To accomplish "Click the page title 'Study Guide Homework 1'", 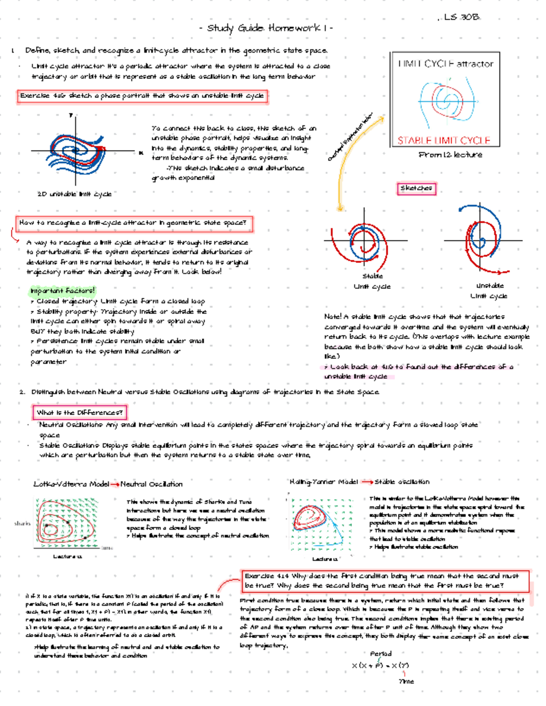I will pyautogui.click(x=266, y=28).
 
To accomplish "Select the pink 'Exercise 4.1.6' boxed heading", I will pyautogui.click(x=142, y=96).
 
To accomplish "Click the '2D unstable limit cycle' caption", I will pyautogui.click(x=75, y=194).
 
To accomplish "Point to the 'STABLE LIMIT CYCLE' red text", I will pyautogui.click(x=444, y=140).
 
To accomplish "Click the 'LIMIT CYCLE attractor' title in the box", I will pyautogui.click(x=445, y=64).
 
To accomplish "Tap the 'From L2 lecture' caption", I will pyautogui.click(x=450, y=155).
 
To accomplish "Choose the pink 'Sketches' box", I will pyautogui.click(x=416, y=188).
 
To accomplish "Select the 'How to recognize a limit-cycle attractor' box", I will pyautogui.click(x=133, y=223).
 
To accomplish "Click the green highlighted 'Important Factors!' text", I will pyautogui.click(x=62, y=290).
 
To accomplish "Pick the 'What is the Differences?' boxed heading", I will pyautogui.click(x=80, y=412).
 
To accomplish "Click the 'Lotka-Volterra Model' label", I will pyautogui.click(x=71, y=484).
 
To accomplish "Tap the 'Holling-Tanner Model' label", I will pyautogui.click(x=324, y=482).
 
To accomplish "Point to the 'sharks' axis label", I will pyautogui.click(x=22, y=523).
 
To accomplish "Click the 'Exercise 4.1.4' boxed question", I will pyautogui.click(x=386, y=581).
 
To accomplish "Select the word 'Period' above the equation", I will pyautogui.click(x=380, y=654).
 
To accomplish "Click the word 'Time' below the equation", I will pyautogui.click(x=406, y=681).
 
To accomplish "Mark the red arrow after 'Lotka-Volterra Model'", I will pyautogui.click(x=115, y=484).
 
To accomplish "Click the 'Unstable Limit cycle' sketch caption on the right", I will pyautogui.click(x=489, y=291).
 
